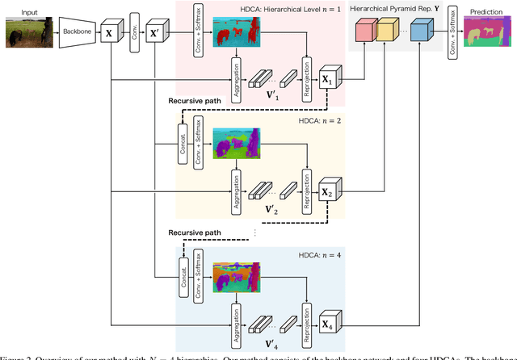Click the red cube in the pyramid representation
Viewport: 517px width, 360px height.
pyautogui.click(x=367, y=32)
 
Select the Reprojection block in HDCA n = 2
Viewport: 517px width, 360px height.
pyautogui.click(x=306, y=187)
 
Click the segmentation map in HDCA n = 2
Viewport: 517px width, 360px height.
pyautogui.click(x=234, y=143)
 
